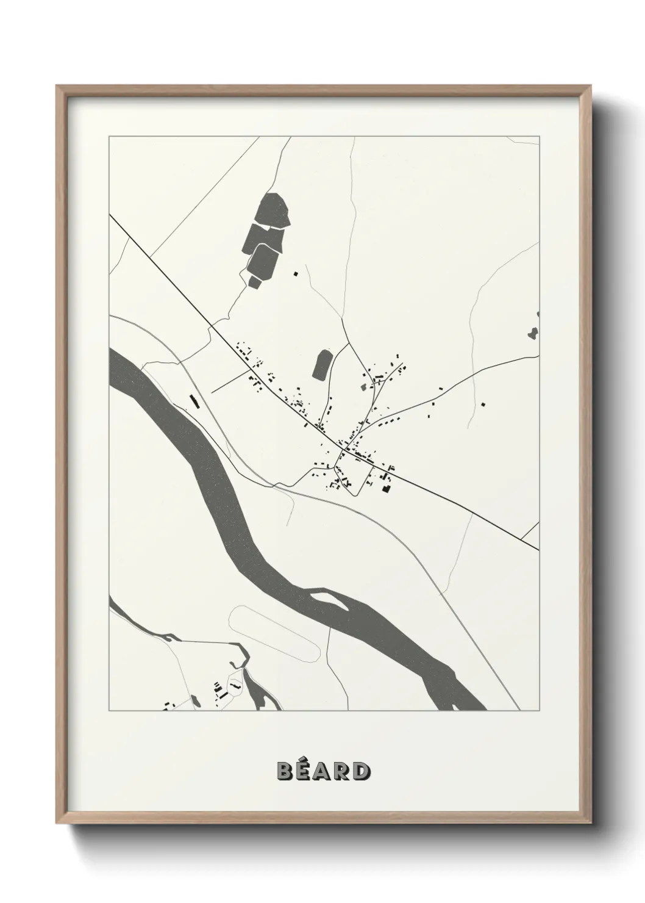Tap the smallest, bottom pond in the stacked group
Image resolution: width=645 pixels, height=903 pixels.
(x=255, y=281)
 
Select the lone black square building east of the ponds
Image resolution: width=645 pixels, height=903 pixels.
(x=296, y=274)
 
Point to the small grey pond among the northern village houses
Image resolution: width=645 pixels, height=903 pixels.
(x=365, y=386)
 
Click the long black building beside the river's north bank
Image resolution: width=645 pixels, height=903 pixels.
(x=195, y=401)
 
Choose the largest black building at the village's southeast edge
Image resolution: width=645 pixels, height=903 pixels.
(x=385, y=487)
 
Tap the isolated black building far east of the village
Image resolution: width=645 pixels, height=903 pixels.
(x=482, y=404)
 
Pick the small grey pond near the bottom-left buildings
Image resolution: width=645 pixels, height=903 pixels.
(x=194, y=700)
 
